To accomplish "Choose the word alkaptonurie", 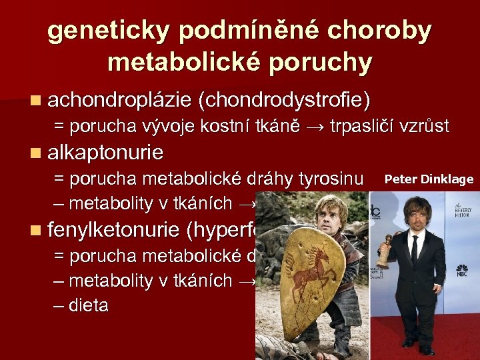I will (x=105, y=153).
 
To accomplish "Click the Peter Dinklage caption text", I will (x=429, y=179).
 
